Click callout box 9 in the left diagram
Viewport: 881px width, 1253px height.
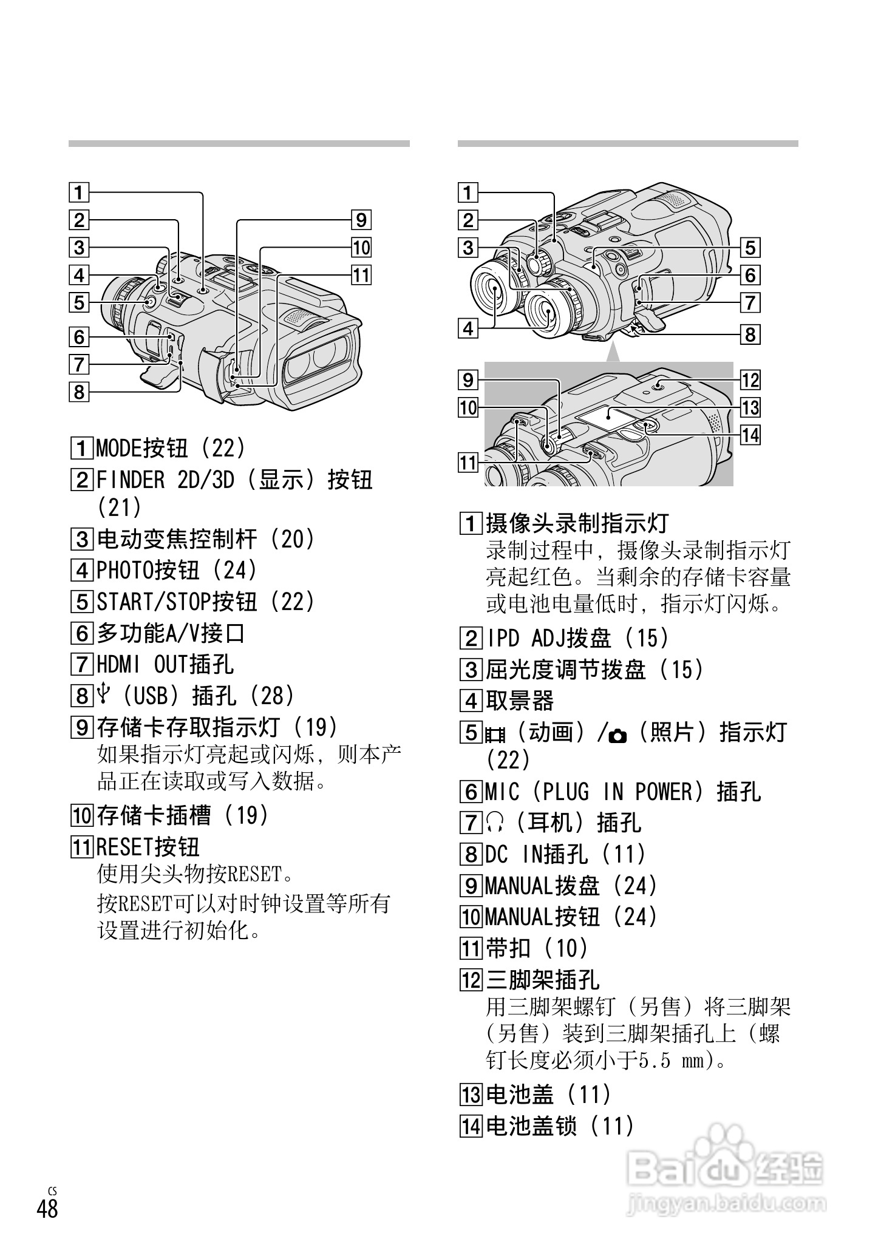coord(361,220)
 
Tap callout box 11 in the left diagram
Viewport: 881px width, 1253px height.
coord(361,275)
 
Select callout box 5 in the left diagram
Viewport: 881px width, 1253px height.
coord(78,302)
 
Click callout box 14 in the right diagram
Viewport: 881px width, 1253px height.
coord(750,435)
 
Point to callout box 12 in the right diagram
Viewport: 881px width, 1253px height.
coord(750,380)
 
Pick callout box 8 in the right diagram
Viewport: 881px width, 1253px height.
coord(750,334)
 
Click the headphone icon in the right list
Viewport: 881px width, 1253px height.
coord(492,823)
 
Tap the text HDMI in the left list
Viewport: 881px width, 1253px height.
coord(119,664)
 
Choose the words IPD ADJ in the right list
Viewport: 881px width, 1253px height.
coord(526,638)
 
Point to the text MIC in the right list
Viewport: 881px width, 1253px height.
coord(503,792)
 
